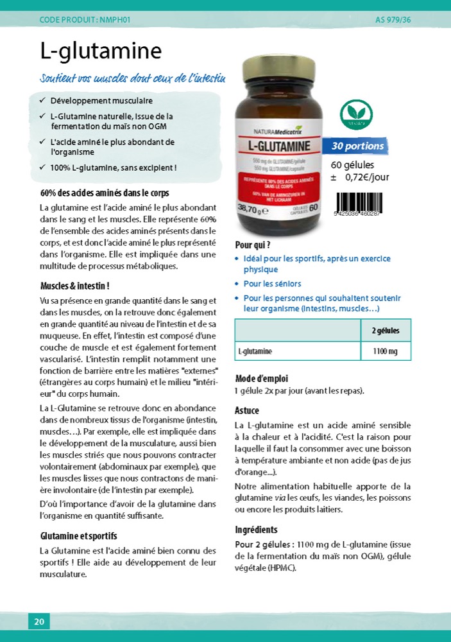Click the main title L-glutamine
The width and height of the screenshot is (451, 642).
(101, 51)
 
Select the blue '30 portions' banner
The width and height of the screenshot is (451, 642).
(357, 146)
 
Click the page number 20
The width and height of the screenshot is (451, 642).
(38, 621)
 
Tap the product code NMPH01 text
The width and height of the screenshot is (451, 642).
(85, 20)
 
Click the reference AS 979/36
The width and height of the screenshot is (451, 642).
(393, 20)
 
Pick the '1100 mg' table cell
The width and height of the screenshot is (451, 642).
(385, 351)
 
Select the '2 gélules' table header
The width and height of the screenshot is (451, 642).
(385, 331)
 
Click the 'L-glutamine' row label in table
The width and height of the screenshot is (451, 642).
(255, 351)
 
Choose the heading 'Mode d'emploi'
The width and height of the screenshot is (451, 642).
(262, 378)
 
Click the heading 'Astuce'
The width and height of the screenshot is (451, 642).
(247, 410)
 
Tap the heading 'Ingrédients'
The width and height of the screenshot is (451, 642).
(257, 530)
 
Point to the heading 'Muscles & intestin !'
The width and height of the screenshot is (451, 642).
(74, 286)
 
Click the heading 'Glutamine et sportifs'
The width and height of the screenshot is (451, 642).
(78, 536)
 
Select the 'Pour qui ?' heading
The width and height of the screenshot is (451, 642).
(253, 245)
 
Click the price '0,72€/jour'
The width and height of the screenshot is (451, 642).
(367, 177)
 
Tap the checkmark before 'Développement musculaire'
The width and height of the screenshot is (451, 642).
(42, 101)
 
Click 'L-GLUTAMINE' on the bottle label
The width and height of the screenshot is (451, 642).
(280, 146)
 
